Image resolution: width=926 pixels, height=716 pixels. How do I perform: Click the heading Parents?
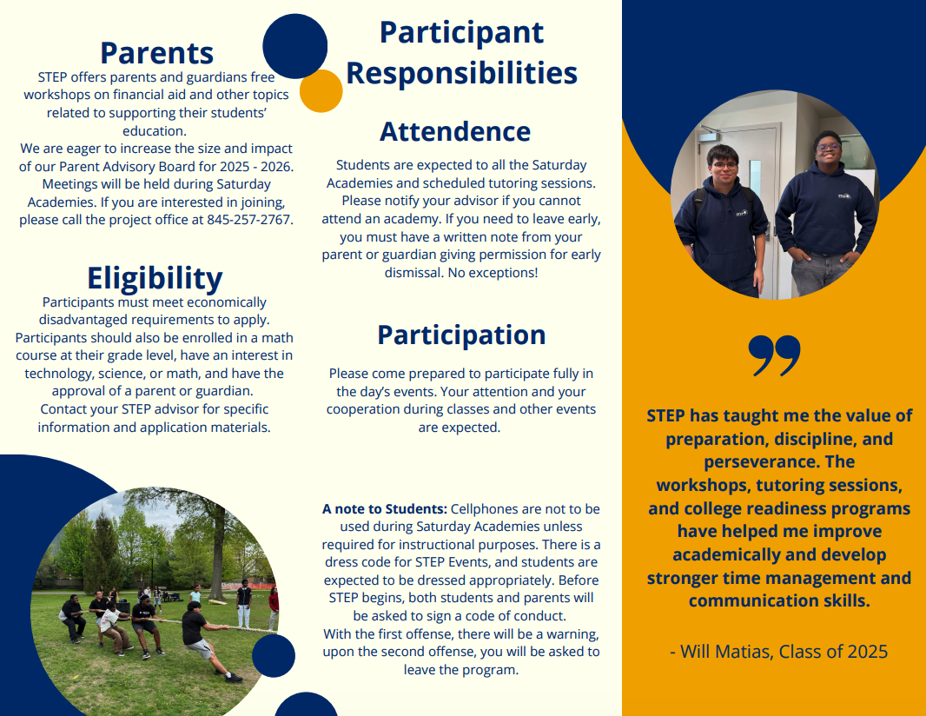[156, 53]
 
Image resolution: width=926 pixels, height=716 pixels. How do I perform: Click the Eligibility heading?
[155, 278]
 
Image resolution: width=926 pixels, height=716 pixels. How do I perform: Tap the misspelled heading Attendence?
[455, 131]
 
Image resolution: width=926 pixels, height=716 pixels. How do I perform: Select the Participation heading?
[461, 335]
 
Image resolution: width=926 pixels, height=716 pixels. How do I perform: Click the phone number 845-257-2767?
[250, 220]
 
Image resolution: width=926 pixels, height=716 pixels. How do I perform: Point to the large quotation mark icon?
[774, 355]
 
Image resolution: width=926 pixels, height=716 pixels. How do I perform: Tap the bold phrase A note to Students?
[385, 508]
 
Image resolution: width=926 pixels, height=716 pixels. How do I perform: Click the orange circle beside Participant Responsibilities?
[321, 91]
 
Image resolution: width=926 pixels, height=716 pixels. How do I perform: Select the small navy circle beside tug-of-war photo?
[274, 656]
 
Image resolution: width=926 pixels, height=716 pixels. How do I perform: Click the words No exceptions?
[493, 273]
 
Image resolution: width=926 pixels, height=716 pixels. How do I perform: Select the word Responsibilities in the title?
[462, 73]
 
